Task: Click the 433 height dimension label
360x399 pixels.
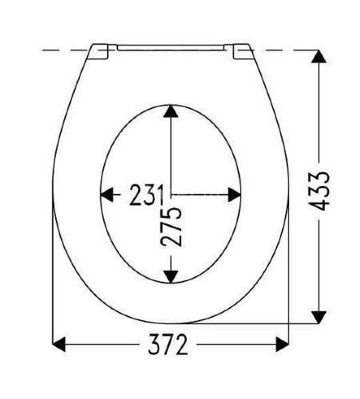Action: coord(318,191)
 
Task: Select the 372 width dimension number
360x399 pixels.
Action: coord(168,344)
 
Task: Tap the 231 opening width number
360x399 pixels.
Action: coord(146,195)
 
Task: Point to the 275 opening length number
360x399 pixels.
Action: coord(171,227)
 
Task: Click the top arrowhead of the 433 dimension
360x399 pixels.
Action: coord(318,57)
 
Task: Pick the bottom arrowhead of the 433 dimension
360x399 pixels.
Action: coord(318,317)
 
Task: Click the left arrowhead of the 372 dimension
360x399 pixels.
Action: coord(59,344)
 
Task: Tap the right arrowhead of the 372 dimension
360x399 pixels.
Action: coord(283,344)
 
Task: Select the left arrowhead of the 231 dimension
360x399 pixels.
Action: coord(107,195)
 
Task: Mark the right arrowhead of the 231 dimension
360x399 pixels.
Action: coord(235,195)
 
